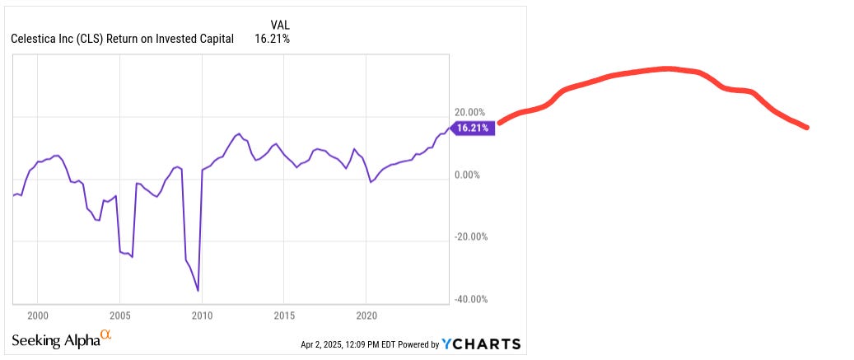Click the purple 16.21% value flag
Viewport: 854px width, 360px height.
[x=473, y=128]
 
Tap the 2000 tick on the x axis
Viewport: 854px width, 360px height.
[x=37, y=316]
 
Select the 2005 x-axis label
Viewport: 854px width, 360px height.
[x=119, y=316]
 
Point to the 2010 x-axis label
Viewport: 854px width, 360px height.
[x=202, y=316]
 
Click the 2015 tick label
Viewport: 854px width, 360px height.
[x=284, y=316]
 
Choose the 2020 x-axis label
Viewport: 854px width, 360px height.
[x=366, y=316]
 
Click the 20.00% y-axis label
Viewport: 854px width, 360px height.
[x=471, y=112]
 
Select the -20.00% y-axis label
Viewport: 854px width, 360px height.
[x=469, y=236]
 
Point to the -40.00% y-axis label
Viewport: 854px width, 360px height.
[x=469, y=299]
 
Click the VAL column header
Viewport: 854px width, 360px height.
[x=280, y=25]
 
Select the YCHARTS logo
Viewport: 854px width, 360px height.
[x=481, y=344]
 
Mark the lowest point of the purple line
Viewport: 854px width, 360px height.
[x=198, y=290]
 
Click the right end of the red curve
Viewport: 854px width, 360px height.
[x=806, y=128]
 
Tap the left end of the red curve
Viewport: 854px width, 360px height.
[x=500, y=122]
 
